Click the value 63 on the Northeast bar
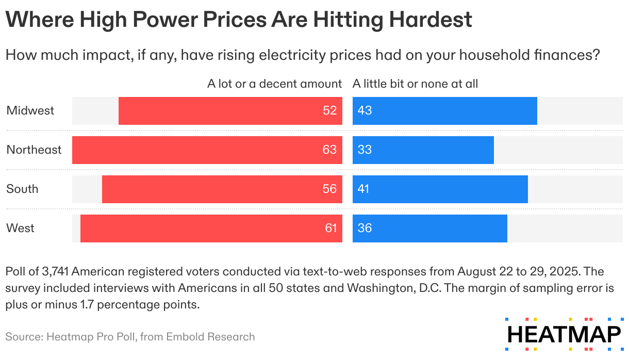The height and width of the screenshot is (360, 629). (329, 150)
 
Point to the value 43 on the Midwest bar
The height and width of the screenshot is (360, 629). (365, 111)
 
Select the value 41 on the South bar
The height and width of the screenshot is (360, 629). (364, 189)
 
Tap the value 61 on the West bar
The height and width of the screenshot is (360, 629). (330, 228)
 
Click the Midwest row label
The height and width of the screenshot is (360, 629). (30, 110)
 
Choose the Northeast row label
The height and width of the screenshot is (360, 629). (34, 150)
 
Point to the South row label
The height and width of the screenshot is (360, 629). (22, 189)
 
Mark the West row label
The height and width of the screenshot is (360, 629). (21, 228)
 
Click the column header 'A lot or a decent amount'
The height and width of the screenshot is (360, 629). (274, 84)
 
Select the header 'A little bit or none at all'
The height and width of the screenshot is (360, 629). (415, 84)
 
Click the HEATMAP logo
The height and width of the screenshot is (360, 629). (564, 334)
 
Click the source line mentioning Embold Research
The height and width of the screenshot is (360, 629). (130, 337)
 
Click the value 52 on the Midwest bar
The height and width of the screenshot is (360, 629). (330, 111)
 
